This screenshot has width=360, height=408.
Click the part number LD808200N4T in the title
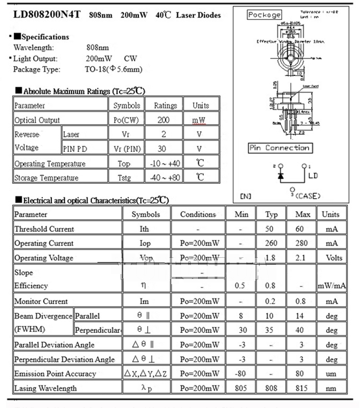tap(48, 14)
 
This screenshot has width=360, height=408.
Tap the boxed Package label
tap(264, 15)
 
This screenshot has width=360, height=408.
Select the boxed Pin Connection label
tap(280, 148)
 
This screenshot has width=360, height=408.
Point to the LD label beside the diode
tap(312, 176)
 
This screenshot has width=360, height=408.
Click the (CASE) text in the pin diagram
tap(308, 196)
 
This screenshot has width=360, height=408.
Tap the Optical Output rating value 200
tap(164, 120)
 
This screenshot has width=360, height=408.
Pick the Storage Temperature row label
tap(46, 178)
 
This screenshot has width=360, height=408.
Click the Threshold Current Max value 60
tap(300, 229)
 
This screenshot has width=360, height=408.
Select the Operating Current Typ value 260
tap(271, 243)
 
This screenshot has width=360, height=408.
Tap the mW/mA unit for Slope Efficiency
tap(332, 286)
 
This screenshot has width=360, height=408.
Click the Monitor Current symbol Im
tap(144, 301)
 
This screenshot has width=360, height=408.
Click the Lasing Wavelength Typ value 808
tap(271, 388)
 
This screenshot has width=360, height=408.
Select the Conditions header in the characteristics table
tap(198, 215)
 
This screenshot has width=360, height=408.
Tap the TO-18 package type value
tap(113, 70)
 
